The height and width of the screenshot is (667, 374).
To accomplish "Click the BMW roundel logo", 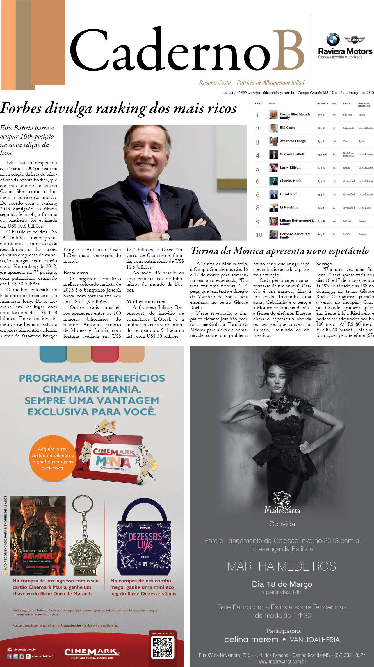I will (x=333, y=40).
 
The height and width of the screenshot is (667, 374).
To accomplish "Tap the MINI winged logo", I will (x=355, y=40).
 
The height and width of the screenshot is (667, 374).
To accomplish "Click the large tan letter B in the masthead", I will (x=288, y=50).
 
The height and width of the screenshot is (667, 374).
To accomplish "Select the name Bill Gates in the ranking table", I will (x=287, y=128).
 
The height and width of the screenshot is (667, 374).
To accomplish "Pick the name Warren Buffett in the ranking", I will (x=292, y=154).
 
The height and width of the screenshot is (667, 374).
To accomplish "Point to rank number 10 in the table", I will (x=259, y=235).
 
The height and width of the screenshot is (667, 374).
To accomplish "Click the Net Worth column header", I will (x=322, y=103).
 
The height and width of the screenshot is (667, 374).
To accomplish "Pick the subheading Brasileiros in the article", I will (x=75, y=273).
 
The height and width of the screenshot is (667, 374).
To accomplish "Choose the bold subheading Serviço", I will (x=324, y=264).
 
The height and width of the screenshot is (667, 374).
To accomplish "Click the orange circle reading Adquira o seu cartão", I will (x=53, y=458).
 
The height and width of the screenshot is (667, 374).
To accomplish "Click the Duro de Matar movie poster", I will (x=38, y=535).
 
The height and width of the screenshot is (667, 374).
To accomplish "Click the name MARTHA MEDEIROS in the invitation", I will (x=282, y=566).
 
